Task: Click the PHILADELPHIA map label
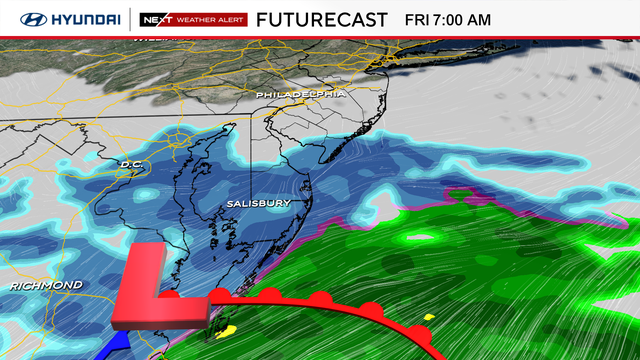click(x=301, y=94)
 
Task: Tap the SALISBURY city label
click(x=257, y=203)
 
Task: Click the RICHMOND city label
click(x=47, y=286)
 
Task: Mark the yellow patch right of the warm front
click(x=429, y=318)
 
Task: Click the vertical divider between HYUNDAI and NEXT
click(x=130, y=19)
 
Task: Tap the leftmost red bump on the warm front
click(x=172, y=296)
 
